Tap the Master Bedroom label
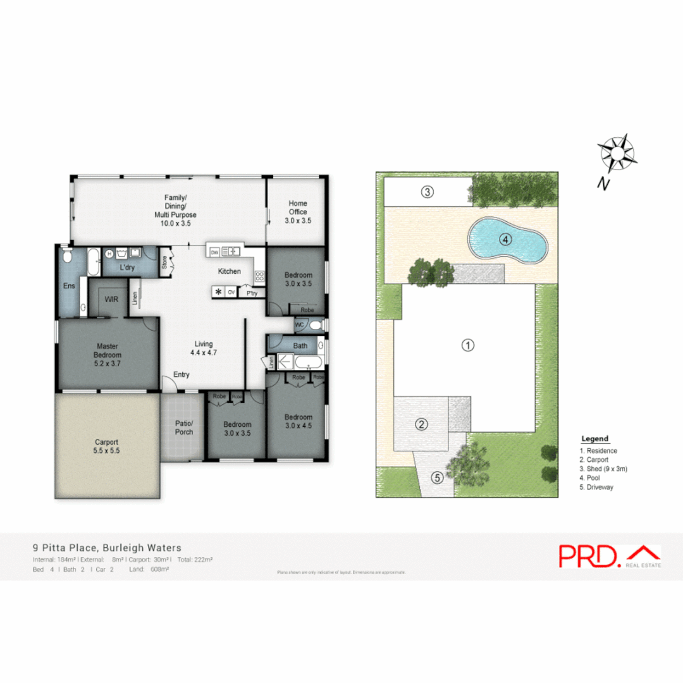(x=108, y=350)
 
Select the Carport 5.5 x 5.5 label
(x=107, y=446)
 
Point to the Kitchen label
(x=230, y=271)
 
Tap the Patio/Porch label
(x=184, y=428)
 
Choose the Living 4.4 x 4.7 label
(x=204, y=348)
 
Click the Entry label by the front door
(x=182, y=375)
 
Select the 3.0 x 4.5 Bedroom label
(x=298, y=421)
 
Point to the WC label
(x=300, y=324)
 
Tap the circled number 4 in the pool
(x=505, y=239)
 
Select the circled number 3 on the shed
(x=428, y=192)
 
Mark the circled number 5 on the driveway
(x=436, y=478)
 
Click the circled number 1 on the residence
(x=467, y=345)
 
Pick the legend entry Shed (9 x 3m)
(x=603, y=469)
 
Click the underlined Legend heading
(x=594, y=439)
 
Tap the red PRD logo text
(x=589, y=555)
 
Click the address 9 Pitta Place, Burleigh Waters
(x=108, y=548)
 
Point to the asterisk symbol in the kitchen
(x=219, y=292)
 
